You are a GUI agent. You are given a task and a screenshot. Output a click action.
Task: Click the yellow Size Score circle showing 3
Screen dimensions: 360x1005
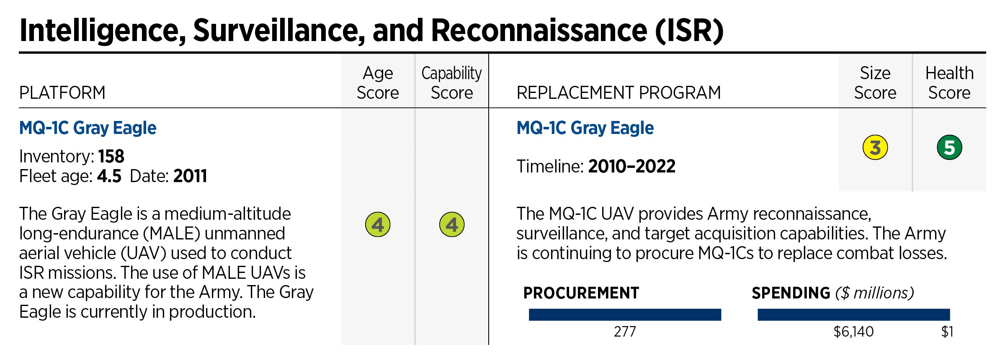pyautogui.click(x=875, y=147)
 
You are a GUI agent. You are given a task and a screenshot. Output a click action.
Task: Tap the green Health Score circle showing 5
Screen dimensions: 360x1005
pyautogui.click(x=949, y=147)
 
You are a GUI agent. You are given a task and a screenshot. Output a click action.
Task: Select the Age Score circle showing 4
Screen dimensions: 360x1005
pyautogui.click(x=378, y=225)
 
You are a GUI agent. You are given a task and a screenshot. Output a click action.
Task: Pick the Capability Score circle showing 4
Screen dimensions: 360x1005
pyautogui.click(x=452, y=225)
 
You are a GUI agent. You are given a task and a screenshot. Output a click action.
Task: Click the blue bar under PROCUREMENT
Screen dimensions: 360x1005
pyautogui.click(x=625, y=314)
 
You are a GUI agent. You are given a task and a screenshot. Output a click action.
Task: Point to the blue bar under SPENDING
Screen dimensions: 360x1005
pyautogui.click(x=853, y=314)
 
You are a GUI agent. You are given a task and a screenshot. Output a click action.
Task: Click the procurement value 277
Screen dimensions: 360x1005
pyautogui.click(x=625, y=332)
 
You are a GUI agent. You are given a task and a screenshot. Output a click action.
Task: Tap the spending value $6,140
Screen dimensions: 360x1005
pyautogui.click(x=853, y=332)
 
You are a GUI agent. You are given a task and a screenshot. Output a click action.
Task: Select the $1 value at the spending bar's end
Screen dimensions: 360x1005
pyautogui.click(x=947, y=332)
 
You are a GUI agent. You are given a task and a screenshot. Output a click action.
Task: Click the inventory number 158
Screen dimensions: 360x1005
pyautogui.click(x=111, y=157)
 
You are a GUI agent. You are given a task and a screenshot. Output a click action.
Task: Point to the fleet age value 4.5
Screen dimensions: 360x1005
pyautogui.click(x=109, y=176)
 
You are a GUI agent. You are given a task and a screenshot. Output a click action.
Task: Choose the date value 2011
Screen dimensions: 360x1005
pyautogui.click(x=190, y=176)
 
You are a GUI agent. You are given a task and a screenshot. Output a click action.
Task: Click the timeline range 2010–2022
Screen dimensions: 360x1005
pyautogui.click(x=631, y=167)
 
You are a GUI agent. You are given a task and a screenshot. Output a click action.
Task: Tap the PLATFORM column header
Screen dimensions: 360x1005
pyautogui.click(x=62, y=93)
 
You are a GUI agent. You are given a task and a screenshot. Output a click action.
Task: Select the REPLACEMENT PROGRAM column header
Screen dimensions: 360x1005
pyautogui.click(x=618, y=93)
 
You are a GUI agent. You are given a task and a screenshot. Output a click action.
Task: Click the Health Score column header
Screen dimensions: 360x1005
pyautogui.click(x=949, y=83)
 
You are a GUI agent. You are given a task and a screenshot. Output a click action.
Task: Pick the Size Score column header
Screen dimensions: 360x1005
pyautogui.click(x=875, y=83)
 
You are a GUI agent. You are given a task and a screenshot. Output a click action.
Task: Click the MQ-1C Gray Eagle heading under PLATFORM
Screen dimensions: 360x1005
pyautogui.click(x=88, y=128)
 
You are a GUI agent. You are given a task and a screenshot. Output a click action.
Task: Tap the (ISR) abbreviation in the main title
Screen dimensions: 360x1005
pyautogui.click(x=689, y=31)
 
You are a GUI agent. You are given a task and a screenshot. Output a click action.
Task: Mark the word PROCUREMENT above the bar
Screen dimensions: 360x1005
pyautogui.click(x=581, y=293)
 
